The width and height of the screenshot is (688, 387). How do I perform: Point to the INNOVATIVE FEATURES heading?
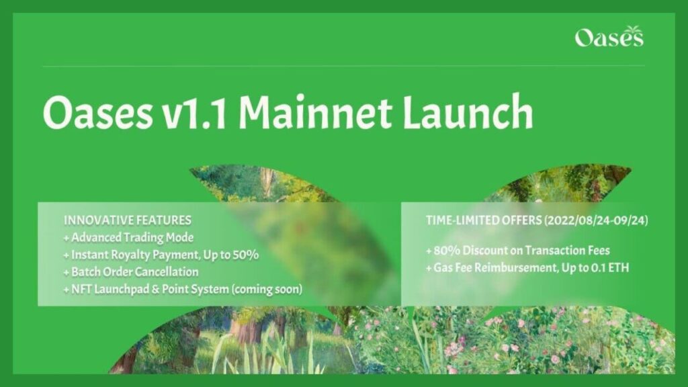coord(128,220)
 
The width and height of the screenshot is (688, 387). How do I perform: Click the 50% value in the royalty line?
coord(246,255)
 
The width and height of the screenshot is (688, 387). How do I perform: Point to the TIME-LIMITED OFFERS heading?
coord(482,220)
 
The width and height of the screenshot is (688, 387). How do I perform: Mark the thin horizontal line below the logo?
coord(343,66)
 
